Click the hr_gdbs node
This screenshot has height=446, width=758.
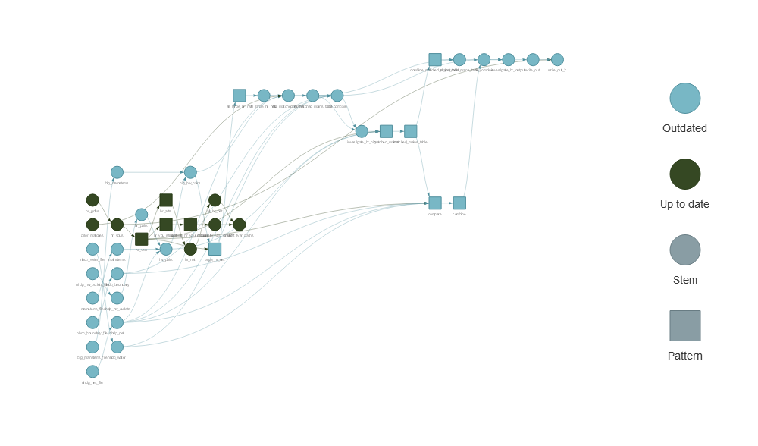pos(92,200)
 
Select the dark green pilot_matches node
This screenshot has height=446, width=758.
pos(92,225)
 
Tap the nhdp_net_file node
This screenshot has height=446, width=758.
pos(92,372)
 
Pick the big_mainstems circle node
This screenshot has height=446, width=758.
pos(117,172)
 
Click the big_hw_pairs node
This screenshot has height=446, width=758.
pos(190,172)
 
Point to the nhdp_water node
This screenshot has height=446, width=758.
pos(117,347)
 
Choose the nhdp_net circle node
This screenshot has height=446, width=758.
pos(117,322)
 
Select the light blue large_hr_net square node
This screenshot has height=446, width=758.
pos(215,249)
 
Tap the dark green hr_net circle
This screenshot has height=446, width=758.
pos(190,249)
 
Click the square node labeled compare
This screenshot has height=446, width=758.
pos(435,203)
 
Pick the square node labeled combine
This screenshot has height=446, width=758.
pos(459,203)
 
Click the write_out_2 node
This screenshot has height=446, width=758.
pos(557,60)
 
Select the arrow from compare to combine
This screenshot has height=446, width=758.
pos(447,203)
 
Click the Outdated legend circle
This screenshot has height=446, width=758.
pos(684,99)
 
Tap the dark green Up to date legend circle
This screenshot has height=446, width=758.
pos(684,174)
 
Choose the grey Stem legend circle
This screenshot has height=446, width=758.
pos(684,250)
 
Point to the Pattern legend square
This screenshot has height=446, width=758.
pos(684,326)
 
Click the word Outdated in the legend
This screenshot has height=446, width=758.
pos(684,128)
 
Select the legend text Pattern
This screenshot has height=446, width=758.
pos(684,356)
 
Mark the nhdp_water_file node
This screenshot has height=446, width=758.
pos(92,249)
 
